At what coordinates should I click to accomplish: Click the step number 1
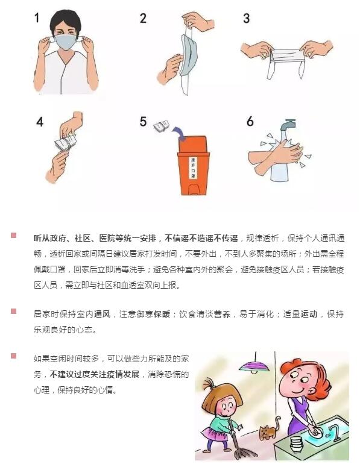[37, 17]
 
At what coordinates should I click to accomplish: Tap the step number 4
[40, 122]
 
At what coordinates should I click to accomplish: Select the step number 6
[250, 121]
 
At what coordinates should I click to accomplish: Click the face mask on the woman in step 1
[66, 42]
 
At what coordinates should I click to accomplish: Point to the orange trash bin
[194, 165]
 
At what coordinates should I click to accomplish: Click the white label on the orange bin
[193, 168]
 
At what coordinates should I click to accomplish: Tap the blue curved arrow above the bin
[178, 133]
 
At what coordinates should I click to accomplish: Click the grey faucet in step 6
[288, 124]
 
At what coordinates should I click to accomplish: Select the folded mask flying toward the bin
[162, 127]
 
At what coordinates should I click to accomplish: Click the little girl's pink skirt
[213, 433]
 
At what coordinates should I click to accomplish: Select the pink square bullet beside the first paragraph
[14, 235]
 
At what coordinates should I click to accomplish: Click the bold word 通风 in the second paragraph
[102, 314]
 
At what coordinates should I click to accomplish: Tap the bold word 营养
[222, 314]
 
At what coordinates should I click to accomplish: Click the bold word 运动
[309, 314]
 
